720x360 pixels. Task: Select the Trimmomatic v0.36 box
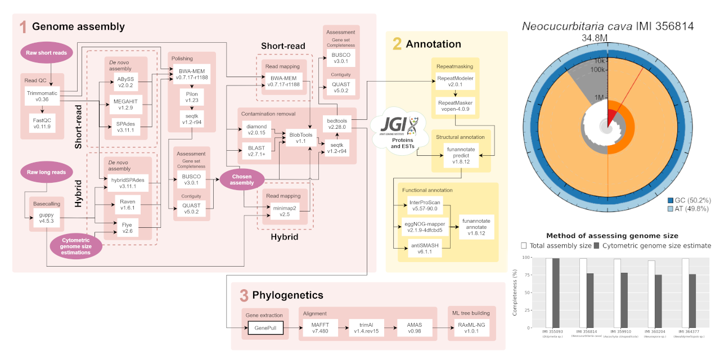click(42, 96)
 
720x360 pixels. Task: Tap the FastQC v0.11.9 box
click(42, 123)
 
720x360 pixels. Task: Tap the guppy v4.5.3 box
click(46, 217)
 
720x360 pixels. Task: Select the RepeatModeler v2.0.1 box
click(455, 81)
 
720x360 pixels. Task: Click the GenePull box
click(265, 327)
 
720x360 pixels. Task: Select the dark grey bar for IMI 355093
click(556, 292)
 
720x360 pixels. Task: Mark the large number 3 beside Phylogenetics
click(244, 295)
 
